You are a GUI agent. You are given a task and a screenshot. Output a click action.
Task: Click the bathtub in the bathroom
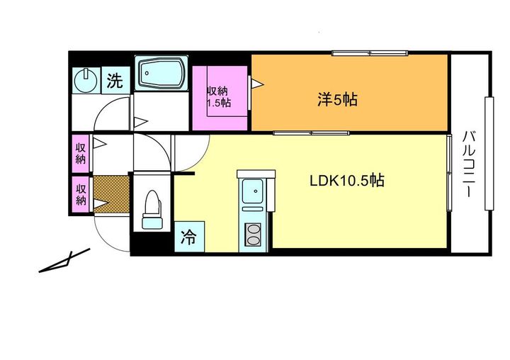pyautogui.click(x=161, y=73)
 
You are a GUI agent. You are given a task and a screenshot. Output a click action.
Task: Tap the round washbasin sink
pyautogui.click(x=86, y=79)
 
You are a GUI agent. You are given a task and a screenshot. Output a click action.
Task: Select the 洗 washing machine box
pyautogui.click(x=115, y=80)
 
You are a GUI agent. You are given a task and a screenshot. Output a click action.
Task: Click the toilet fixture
pyautogui.click(x=152, y=210)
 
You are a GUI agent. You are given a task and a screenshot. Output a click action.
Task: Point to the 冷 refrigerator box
pyautogui.click(x=189, y=237)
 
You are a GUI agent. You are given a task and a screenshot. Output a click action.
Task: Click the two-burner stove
pyautogui.click(x=253, y=235)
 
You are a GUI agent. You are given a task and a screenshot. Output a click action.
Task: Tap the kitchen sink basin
pyautogui.click(x=254, y=191)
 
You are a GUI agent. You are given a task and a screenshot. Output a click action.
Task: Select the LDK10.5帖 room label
pyautogui.click(x=346, y=180)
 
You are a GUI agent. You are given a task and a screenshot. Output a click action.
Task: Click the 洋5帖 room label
pyautogui.click(x=337, y=99)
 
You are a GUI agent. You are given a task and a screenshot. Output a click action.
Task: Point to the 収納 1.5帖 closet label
pyautogui.click(x=219, y=96)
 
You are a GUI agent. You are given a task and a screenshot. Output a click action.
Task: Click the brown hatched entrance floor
pyautogui.click(x=111, y=194)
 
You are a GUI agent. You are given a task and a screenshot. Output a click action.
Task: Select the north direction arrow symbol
pyautogui.click(x=64, y=261)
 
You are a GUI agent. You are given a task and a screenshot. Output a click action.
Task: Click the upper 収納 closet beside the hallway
pyautogui.click(x=80, y=153)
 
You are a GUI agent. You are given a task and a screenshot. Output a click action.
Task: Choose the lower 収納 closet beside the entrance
pyautogui.click(x=80, y=194)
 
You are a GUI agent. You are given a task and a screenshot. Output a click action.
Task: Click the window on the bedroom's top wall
pyautogui.click(x=370, y=53)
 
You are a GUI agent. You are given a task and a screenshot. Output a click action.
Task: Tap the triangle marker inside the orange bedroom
pyautogui.click(x=257, y=84)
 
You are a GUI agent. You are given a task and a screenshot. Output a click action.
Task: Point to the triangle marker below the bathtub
pyautogui.click(x=140, y=122)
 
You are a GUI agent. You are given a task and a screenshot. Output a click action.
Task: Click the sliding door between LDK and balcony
pyautogui.click(x=449, y=172)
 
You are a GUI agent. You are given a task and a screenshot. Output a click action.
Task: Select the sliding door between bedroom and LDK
pyautogui.click(x=311, y=133)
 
